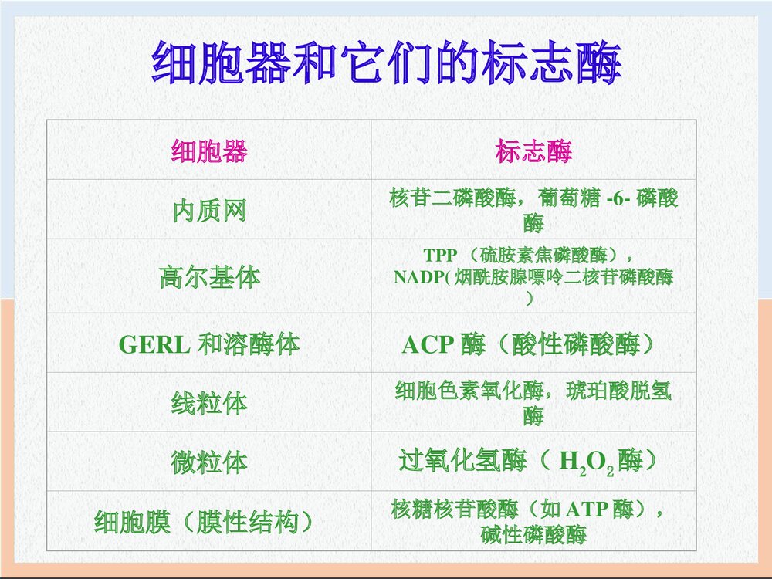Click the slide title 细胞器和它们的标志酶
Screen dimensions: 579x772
point(386,63)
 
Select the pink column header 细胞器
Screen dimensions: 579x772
point(209,151)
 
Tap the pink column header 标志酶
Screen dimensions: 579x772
point(533,151)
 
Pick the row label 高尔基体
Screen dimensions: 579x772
point(209,276)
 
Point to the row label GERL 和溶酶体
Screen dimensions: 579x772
point(209,344)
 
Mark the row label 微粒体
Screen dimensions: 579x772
point(209,462)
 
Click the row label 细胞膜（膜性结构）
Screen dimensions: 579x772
point(209,522)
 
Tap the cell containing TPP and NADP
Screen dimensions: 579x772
point(533,276)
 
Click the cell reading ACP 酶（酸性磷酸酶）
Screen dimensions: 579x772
point(533,344)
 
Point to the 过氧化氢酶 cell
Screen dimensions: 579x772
point(533,462)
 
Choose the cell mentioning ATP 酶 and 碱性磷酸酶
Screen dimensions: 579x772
point(533,522)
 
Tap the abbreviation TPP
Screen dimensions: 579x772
point(440,256)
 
